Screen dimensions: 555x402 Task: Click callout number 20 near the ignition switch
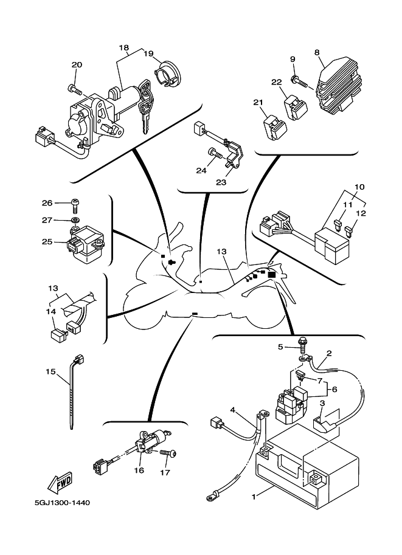pyautogui.click(x=77, y=65)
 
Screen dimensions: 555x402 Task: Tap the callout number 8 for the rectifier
pyautogui.click(x=317, y=53)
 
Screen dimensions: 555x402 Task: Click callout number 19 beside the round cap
pyautogui.click(x=148, y=53)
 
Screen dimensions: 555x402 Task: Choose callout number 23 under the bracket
pyautogui.click(x=221, y=181)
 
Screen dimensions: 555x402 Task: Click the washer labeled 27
pyautogui.click(x=75, y=219)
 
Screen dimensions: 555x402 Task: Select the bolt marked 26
pyautogui.click(x=74, y=203)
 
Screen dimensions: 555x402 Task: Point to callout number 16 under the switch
pyautogui.click(x=139, y=471)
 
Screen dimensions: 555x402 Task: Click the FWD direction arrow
pyautogui.click(x=60, y=484)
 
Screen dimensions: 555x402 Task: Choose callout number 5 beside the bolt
pyautogui.click(x=281, y=347)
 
